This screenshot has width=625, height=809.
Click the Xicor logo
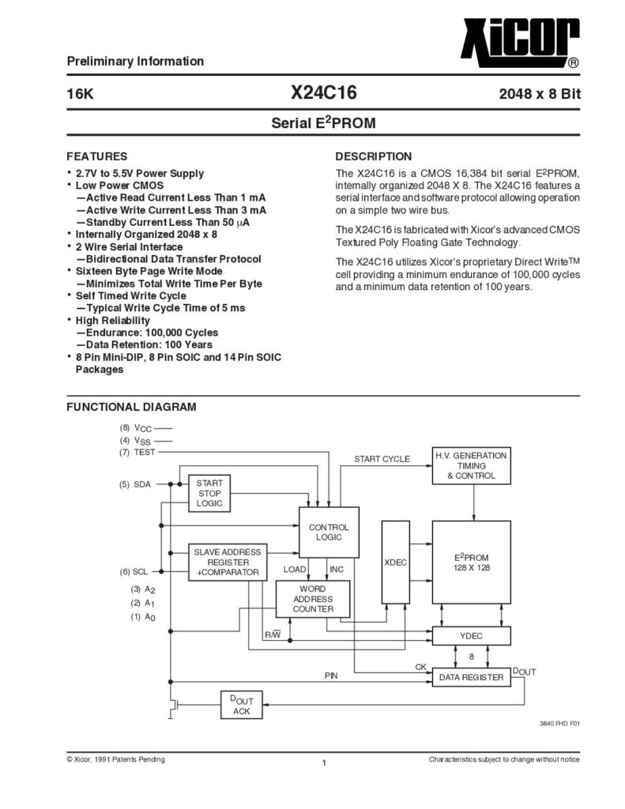click(520, 43)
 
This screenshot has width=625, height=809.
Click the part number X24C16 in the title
click(324, 93)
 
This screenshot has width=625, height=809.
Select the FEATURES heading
click(97, 156)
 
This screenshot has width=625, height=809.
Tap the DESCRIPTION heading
click(374, 156)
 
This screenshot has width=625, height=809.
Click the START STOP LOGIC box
click(209, 493)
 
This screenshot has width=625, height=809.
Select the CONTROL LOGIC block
click(329, 532)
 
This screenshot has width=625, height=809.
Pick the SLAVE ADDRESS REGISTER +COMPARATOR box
click(228, 562)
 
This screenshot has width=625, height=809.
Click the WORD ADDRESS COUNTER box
click(313, 599)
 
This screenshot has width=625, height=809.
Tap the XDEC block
click(395, 562)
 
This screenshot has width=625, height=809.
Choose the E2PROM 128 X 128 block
click(471, 562)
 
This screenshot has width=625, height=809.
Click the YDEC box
click(471, 636)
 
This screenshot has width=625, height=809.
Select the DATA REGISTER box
click(471, 677)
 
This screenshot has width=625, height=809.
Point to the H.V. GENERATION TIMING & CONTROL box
click(471, 465)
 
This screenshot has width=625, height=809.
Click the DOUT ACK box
click(242, 705)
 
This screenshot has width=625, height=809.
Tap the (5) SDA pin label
click(135, 484)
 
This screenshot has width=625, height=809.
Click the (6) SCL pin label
click(134, 572)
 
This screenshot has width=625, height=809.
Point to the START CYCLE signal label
click(382, 459)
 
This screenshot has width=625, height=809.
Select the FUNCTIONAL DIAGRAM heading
click(131, 407)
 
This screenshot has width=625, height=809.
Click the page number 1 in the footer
click(324, 763)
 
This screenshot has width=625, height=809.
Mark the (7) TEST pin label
click(137, 452)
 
